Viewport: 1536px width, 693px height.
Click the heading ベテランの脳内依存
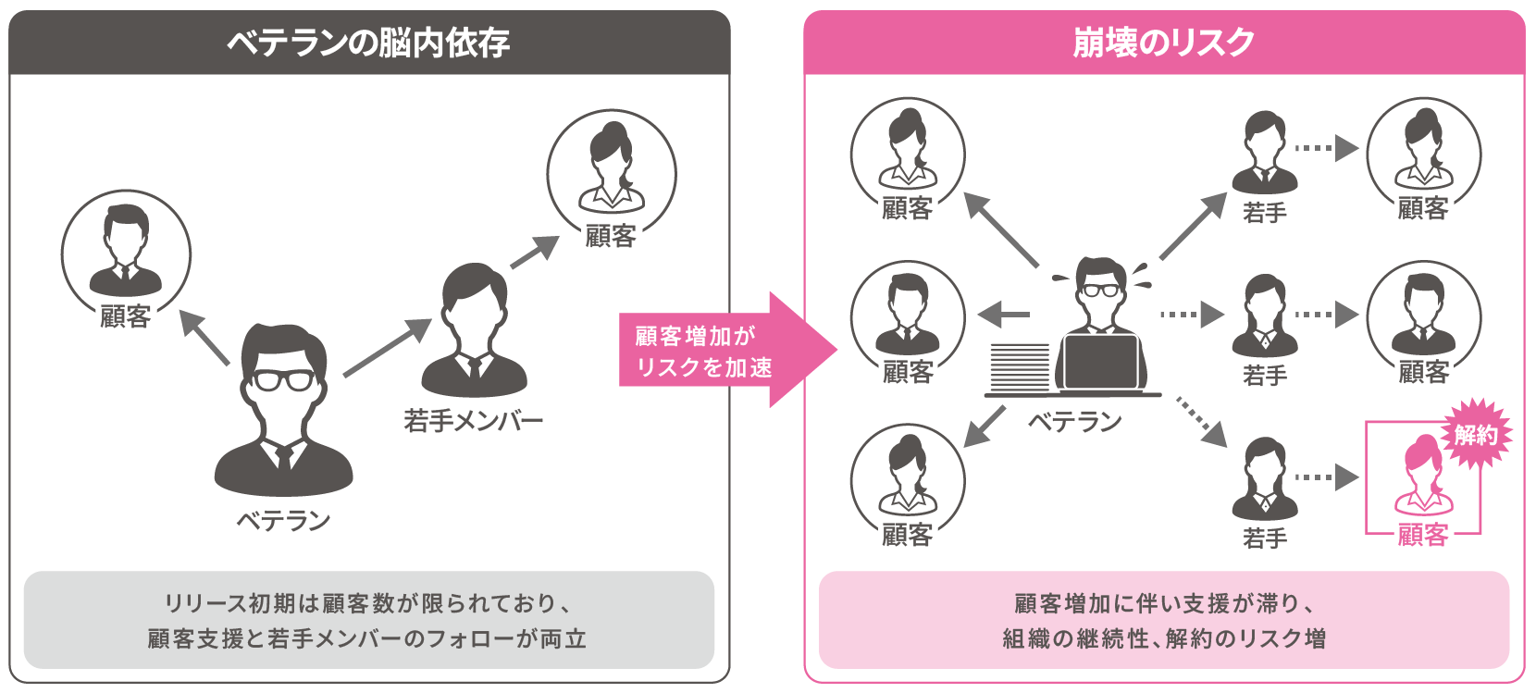(x=368, y=43)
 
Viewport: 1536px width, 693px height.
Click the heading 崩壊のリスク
(x=1163, y=43)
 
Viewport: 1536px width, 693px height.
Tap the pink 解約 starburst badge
(x=1475, y=434)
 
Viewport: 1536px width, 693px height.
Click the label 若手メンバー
(x=473, y=421)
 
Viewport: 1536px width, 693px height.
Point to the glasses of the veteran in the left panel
(x=285, y=380)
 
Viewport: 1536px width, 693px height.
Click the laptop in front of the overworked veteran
(x=1100, y=363)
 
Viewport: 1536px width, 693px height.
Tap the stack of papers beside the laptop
(x=1020, y=367)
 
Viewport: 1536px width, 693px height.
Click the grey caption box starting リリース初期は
(x=368, y=620)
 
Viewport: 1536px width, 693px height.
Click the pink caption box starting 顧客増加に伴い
(x=1163, y=620)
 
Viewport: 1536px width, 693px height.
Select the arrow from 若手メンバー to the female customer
(x=535, y=252)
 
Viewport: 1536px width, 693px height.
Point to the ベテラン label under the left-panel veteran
(x=283, y=521)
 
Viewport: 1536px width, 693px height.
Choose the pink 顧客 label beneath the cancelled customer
(x=1422, y=535)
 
